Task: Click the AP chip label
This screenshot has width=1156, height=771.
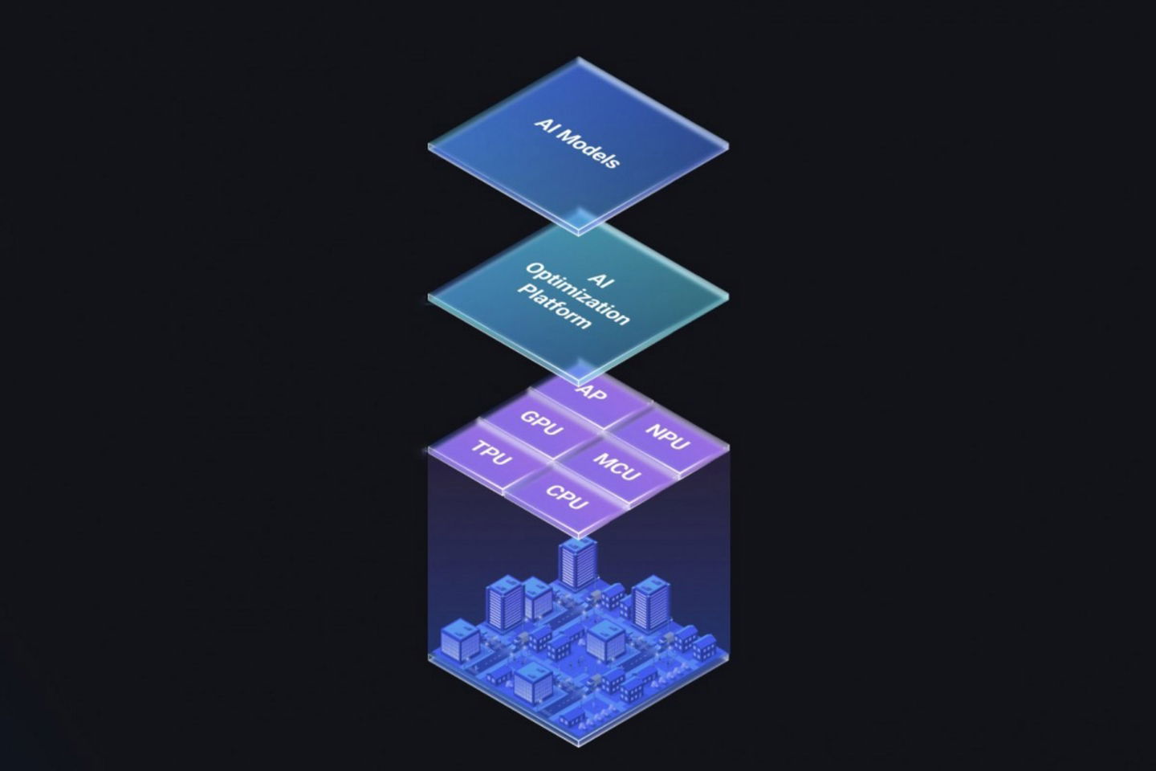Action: pyautogui.click(x=592, y=394)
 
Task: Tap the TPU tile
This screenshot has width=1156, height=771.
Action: pyautogui.click(x=491, y=454)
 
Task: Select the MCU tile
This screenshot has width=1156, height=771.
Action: pyautogui.click(x=617, y=466)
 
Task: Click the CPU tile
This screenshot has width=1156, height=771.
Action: pyautogui.click(x=567, y=497)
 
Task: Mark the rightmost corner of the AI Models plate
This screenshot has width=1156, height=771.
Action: pyautogui.click(x=728, y=146)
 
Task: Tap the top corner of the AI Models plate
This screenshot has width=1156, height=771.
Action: pyautogui.click(x=579, y=58)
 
